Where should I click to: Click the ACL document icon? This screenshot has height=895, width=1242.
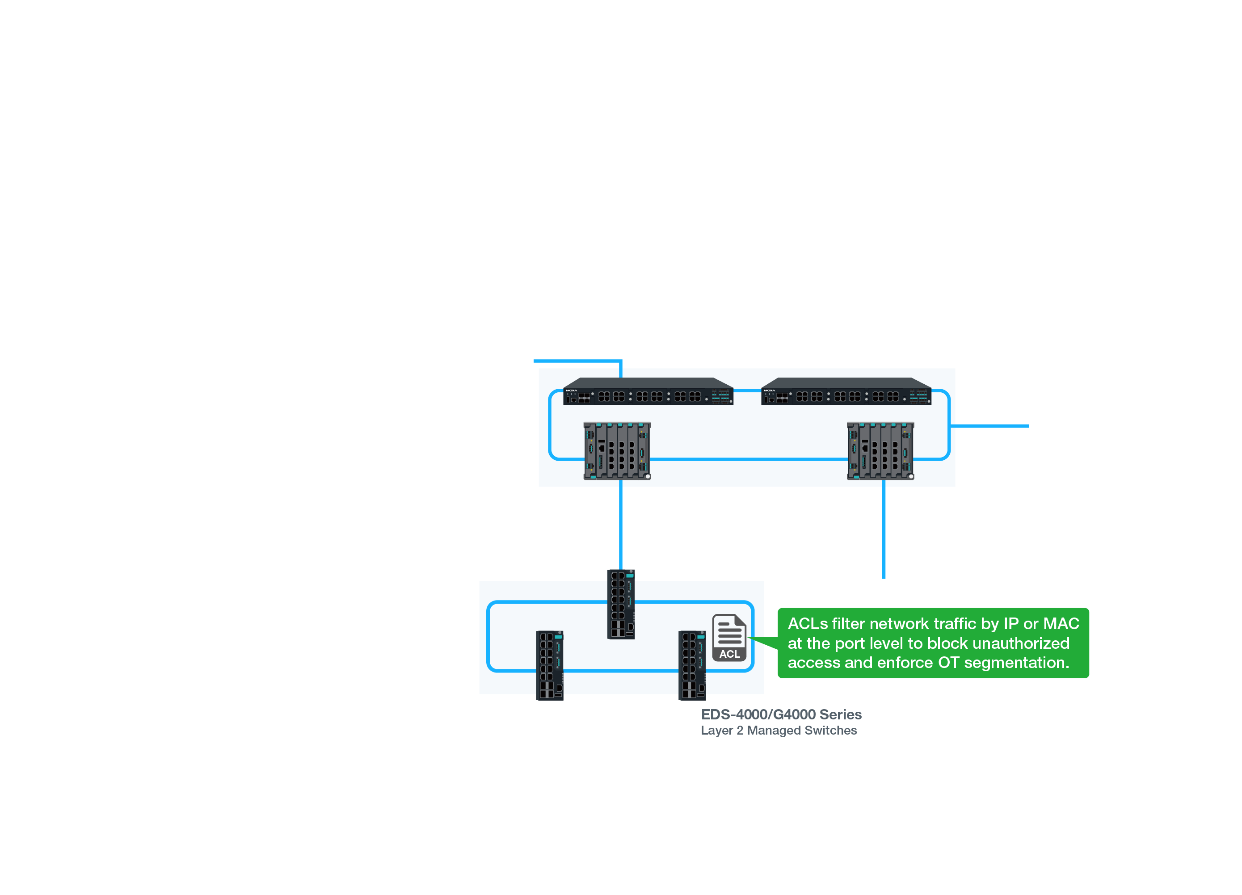coord(729,638)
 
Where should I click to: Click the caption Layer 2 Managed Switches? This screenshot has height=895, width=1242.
coord(779,730)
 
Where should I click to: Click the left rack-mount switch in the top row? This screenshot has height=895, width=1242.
coord(648,392)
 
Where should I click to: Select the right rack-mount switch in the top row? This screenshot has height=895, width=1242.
coord(846,392)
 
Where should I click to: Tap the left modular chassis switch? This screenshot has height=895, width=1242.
coord(617,451)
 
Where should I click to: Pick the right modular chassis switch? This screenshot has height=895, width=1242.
coord(880,451)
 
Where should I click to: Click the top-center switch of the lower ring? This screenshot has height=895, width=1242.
coord(621,604)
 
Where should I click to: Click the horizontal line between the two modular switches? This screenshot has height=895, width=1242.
coord(748,459)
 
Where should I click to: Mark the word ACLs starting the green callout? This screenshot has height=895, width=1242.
coord(807,624)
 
